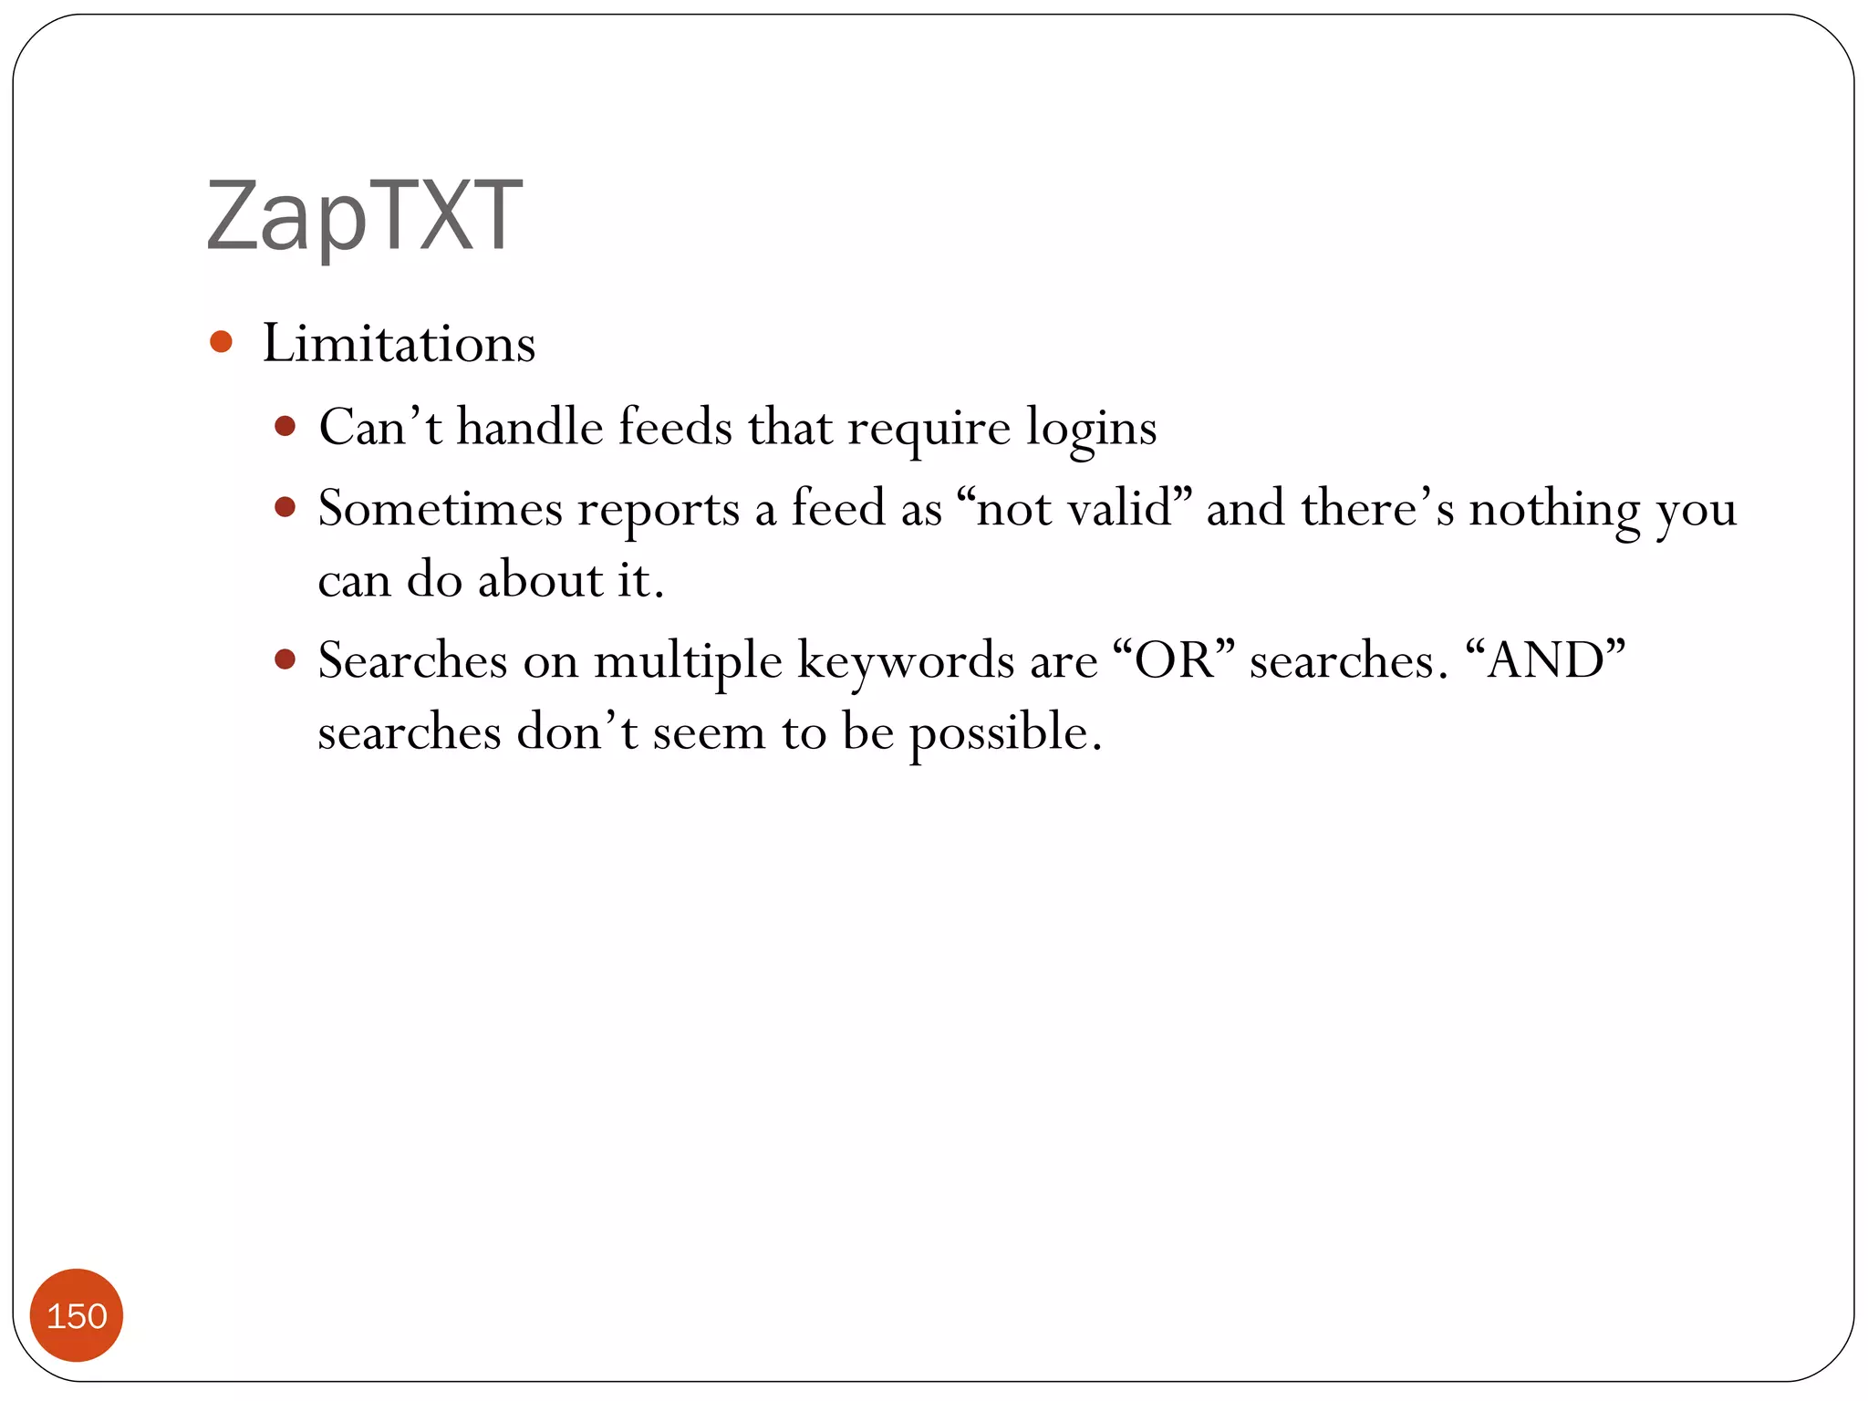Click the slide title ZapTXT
click(x=365, y=215)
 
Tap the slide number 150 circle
click(x=77, y=1315)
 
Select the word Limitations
click(x=399, y=344)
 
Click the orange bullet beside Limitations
click(x=221, y=342)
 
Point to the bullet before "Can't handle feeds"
click(x=285, y=426)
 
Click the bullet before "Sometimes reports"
click(x=285, y=507)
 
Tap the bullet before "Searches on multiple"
click(x=285, y=659)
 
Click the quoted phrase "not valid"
click(x=1074, y=508)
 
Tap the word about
click(x=540, y=580)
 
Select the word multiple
click(x=688, y=660)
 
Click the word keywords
click(x=905, y=660)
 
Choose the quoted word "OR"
click(x=1174, y=660)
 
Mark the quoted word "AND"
click(x=1545, y=660)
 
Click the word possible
click(x=1005, y=732)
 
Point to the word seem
click(x=709, y=732)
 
